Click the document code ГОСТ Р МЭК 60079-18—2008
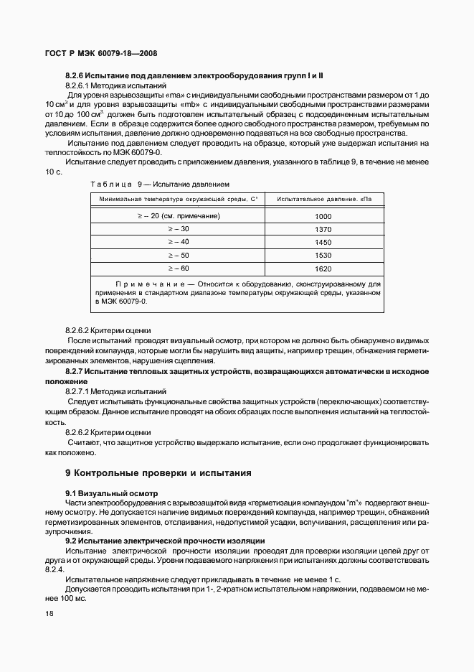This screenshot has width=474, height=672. (x=102, y=52)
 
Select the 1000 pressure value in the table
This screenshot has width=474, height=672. (x=323, y=215)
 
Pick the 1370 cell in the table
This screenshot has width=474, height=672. (x=323, y=229)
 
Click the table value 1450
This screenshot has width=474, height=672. (x=323, y=242)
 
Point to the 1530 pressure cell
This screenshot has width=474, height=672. (x=323, y=256)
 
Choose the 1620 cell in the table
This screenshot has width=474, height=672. (x=323, y=269)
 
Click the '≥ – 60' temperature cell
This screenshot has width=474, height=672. (x=178, y=269)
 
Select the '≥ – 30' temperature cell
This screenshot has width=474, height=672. (x=178, y=229)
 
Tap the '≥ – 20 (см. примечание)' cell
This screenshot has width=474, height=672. (x=178, y=215)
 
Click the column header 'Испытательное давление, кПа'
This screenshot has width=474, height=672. (x=323, y=198)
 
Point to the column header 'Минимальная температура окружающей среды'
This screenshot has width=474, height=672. (x=178, y=198)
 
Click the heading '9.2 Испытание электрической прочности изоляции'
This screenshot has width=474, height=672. (x=165, y=540)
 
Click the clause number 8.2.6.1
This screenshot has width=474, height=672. (x=77, y=85)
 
